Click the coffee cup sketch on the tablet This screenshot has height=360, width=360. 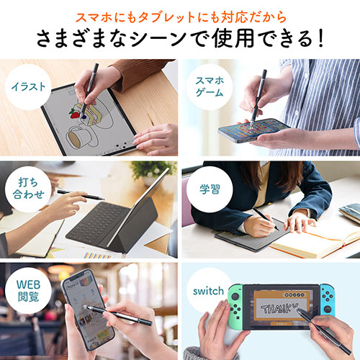coord(78,137)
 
